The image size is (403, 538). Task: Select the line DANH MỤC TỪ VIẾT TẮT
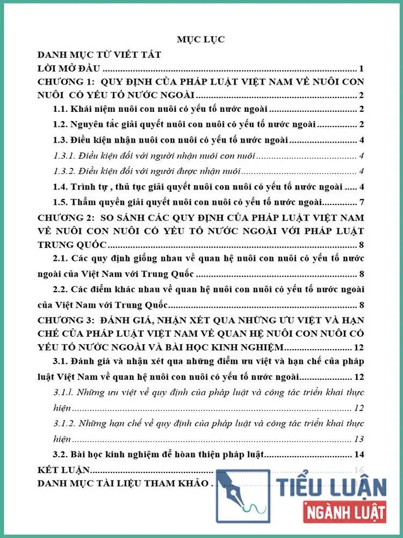99,54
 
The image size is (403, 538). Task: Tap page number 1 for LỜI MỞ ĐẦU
363,68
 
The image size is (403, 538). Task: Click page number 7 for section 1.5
363,202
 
